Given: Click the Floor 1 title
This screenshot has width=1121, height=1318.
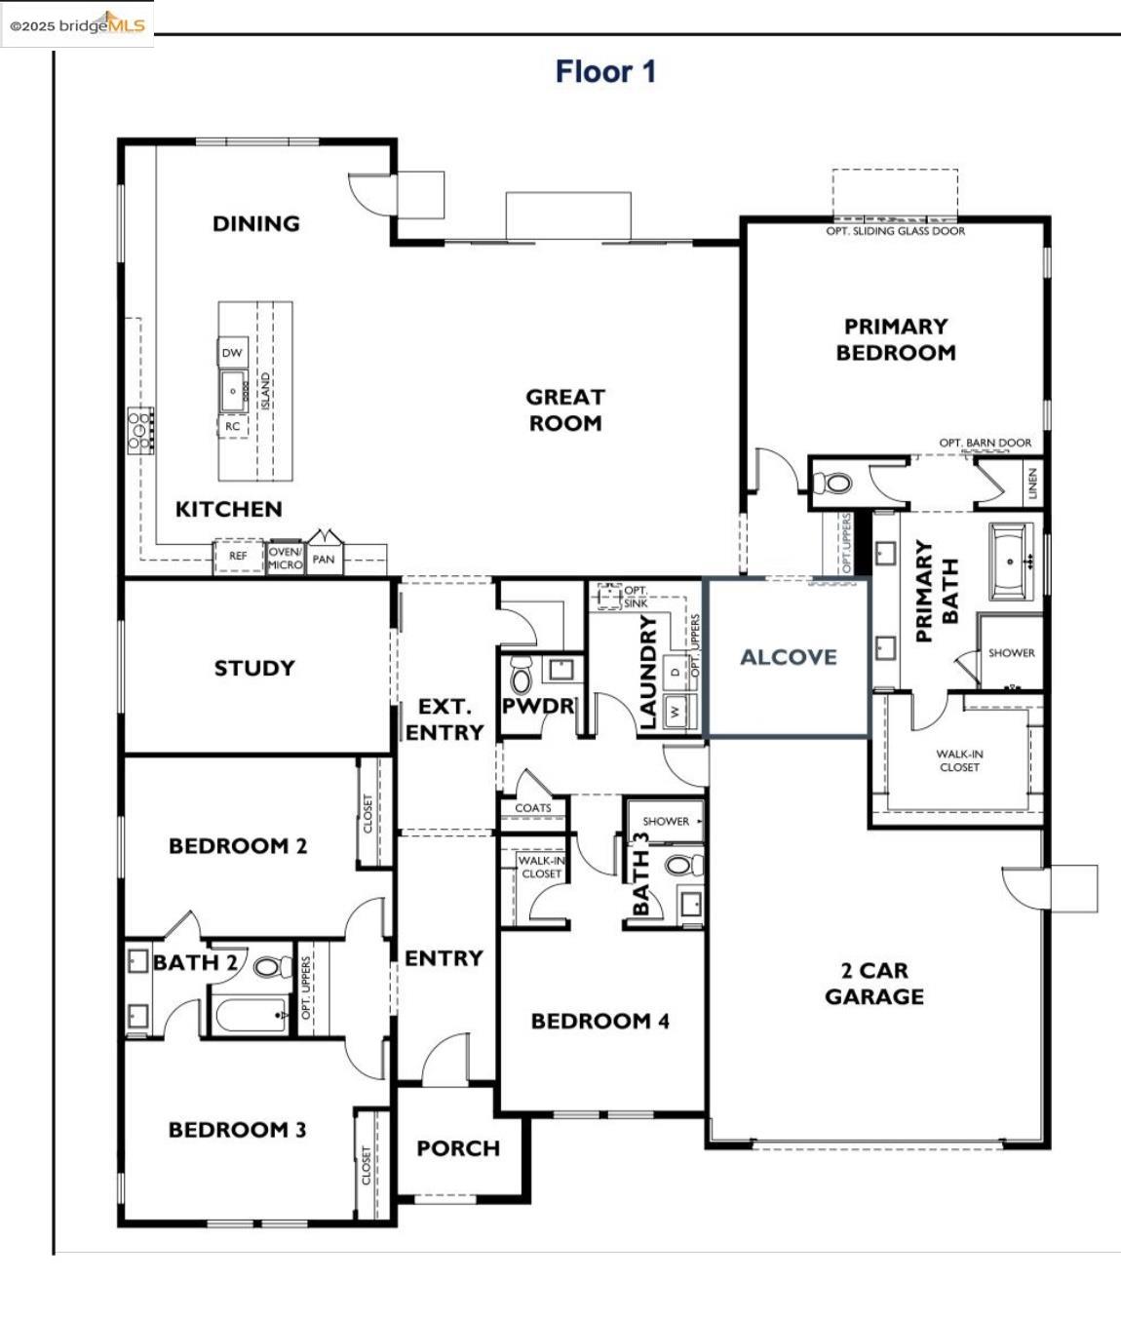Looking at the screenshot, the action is [605, 71].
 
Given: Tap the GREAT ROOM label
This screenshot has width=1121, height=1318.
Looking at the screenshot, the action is [565, 410].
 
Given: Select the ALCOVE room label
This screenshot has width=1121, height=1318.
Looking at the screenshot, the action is [789, 657].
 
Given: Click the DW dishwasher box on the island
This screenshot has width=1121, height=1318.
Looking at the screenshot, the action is [232, 353].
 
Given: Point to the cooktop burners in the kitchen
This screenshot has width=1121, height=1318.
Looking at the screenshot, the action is [140, 431].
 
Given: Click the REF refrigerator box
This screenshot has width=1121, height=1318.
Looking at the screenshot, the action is [238, 556].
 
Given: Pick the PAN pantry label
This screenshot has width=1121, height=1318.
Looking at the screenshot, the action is [324, 560].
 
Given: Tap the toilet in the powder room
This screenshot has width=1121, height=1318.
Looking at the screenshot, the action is [521, 677].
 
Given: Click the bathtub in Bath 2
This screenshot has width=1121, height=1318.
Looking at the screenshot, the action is [251, 1015].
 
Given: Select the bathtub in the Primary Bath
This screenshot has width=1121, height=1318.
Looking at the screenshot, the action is [1011, 562].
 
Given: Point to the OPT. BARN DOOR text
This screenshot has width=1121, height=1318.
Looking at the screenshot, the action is [986, 443].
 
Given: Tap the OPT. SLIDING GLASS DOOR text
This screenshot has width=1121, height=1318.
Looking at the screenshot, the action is [895, 231].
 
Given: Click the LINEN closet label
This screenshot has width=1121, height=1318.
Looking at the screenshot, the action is [1032, 484].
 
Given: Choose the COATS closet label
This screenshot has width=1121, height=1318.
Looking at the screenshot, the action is [533, 808].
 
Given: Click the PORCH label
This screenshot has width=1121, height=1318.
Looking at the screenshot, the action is [458, 1148].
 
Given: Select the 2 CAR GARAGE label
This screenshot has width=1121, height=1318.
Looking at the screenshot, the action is [874, 984].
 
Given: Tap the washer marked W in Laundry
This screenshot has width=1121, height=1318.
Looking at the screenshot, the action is [675, 710].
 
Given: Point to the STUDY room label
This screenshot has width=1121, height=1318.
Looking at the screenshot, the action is [254, 668].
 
